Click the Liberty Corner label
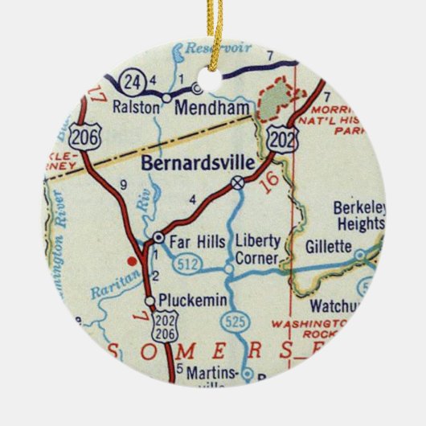click(256, 250)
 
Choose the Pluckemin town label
click(185, 301)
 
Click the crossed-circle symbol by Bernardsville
click(238, 184)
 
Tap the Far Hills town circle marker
click(158, 238)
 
